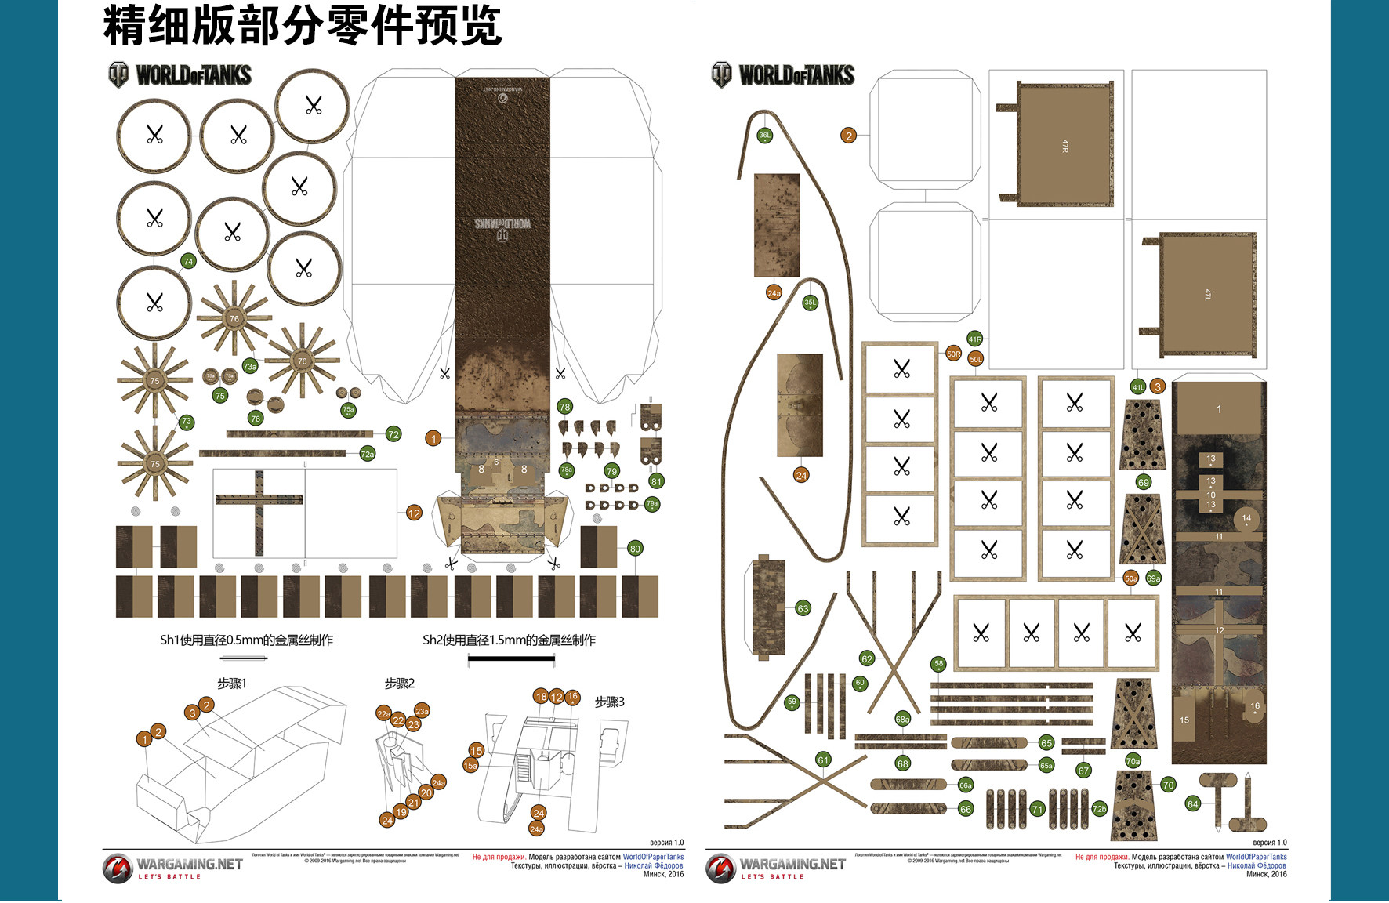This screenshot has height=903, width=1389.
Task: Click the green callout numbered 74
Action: pyautogui.click(x=188, y=261)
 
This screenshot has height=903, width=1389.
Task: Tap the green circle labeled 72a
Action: pyautogui.click(x=367, y=453)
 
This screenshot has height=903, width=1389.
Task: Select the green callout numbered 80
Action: pyautogui.click(x=635, y=549)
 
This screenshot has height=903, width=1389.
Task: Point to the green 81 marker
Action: pyautogui.click(x=656, y=481)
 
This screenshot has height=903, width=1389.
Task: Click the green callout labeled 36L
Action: pyautogui.click(x=764, y=136)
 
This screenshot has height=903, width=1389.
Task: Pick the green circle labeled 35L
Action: pyautogui.click(x=810, y=303)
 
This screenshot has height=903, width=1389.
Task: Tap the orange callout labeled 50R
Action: pyautogui.click(x=953, y=354)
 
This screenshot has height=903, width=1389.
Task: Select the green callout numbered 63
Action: pyautogui.click(x=803, y=608)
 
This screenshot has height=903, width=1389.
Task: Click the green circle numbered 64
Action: pyautogui.click(x=1193, y=803)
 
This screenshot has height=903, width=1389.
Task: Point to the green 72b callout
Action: pyautogui.click(x=1099, y=809)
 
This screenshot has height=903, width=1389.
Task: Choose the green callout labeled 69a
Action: pyautogui.click(x=1153, y=578)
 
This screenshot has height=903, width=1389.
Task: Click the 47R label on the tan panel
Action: pyautogui.click(x=1064, y=146)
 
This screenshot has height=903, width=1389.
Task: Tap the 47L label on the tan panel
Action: pyautogui.click(x=1207, y=295)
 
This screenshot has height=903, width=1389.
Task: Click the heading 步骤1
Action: pyautogui.click(x=232, y=684)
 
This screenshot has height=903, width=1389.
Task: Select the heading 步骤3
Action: pyautogui.click(x=609, y=702)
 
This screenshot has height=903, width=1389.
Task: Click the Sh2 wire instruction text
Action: pyautogui.click(x=509, y=640)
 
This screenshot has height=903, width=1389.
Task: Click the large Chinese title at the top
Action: pyautogui.click(x=302, y=25)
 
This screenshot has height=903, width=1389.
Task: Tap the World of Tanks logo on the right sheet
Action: pyautogui.click(x=783, y=75)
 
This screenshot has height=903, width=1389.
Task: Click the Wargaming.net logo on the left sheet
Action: pyautogui.click(x=172, y=868)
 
